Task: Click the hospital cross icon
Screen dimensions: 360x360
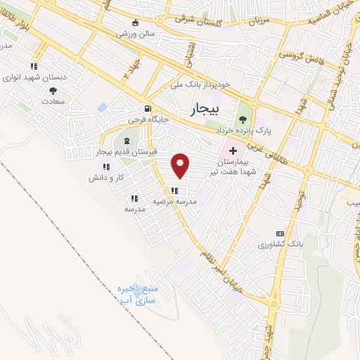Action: (233, 151)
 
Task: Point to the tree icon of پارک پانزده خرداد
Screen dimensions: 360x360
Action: (243, 118)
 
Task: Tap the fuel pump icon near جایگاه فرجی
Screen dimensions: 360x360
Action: (147, 108)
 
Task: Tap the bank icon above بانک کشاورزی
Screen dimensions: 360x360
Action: (279, 233)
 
